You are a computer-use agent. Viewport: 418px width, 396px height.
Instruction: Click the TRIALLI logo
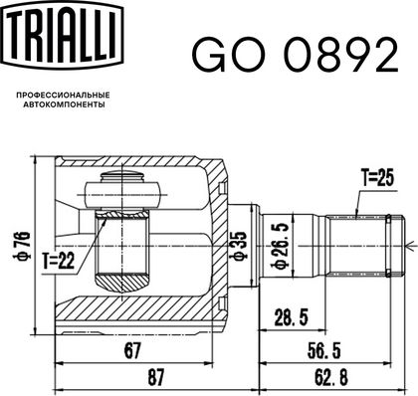pos(63,35)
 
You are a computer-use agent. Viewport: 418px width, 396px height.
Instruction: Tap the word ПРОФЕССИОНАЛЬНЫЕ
pos(63,96)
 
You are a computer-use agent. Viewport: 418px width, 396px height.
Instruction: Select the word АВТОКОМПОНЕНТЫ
pos(63,104)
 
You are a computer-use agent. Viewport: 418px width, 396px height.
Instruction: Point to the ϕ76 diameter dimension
pos(24,246)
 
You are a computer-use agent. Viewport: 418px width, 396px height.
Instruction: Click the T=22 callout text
pos(59,261)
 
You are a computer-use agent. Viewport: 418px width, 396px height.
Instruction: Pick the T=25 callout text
pos(377,178)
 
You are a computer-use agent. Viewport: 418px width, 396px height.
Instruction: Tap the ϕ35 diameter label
pos(239,246)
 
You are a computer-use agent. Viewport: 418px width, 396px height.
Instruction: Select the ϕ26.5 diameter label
pos(279,246)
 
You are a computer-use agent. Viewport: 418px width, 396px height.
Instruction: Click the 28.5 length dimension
pos(292,317)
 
